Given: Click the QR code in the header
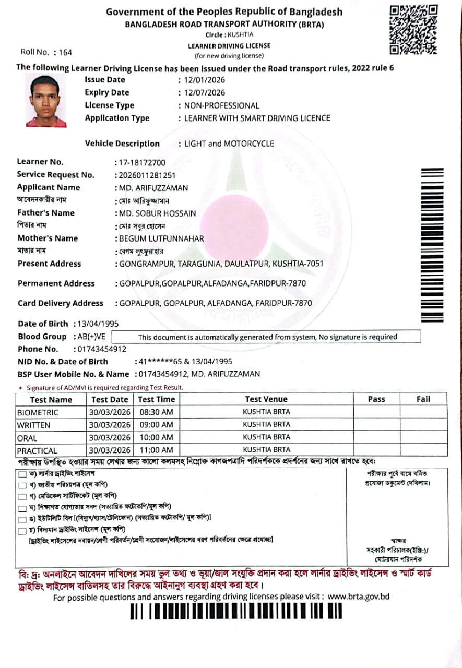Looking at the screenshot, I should pyautogui.click(x=413, y=29).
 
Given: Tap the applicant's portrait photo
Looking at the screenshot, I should pyautogui.click(x=46, y=101).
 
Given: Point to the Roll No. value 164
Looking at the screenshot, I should pyautogui.click(x=65, y=52).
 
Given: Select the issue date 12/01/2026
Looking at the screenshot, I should pyautogui.click(x=201, y=80).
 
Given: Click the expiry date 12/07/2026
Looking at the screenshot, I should pyautogui.click(x=201, y=93).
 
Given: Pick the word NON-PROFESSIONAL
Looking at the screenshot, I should pyautogui.click(x=221, y=106).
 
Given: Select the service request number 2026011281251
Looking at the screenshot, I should pyautogui.click(x=147, y=175).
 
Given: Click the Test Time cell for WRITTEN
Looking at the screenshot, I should pyautogui.click(x=156, y=425).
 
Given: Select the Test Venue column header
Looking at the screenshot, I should pyautogui.click(x=266, y=400).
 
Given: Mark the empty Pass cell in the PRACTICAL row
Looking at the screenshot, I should pyautogui.click(x=376, y=450).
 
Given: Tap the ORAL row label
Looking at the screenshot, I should pyautogui.click(x=27, y=438).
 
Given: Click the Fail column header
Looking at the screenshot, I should pyautogui.click(x=423, y=400).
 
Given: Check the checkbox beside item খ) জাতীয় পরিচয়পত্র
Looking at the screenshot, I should pyautogui.click(x=22, y=486).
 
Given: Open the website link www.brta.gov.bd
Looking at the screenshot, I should pyautogui.click(x=359, y=597).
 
